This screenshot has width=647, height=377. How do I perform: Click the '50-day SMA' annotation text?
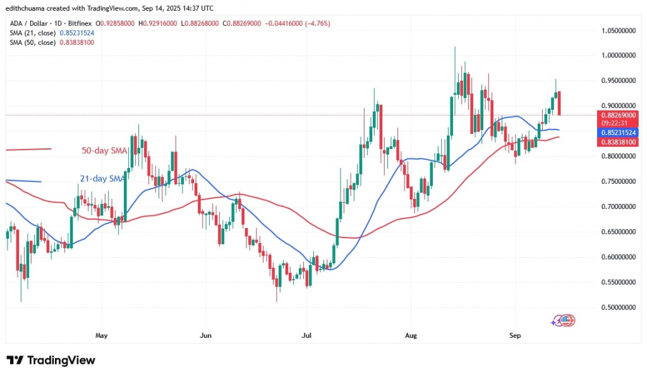pyautogui.click(x=104, y=151)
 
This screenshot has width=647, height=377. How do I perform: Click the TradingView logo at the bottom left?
pyautogui.click(x=51, y=361)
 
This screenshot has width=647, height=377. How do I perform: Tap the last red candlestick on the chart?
pyautogui.click(x=559, y=103)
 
